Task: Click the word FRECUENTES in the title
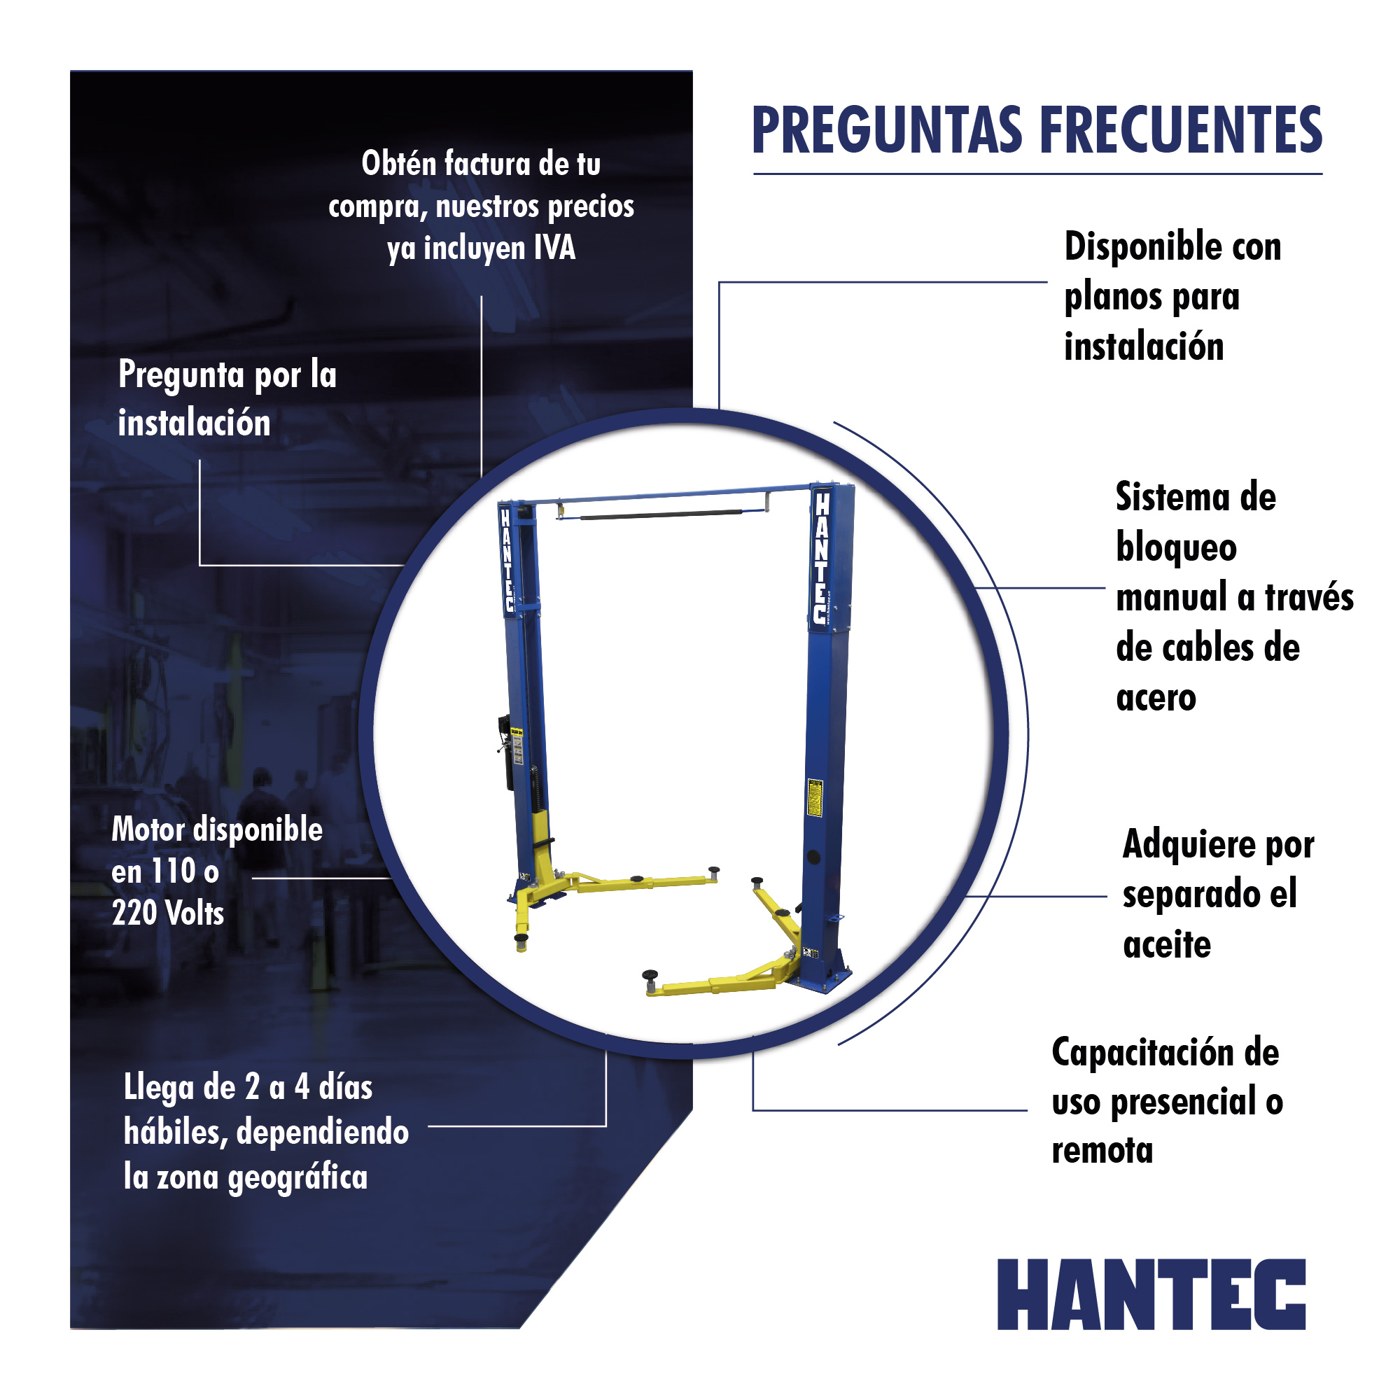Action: pyautogui.click(x=1180, y=130)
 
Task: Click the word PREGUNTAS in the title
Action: pyautogui.click(x=888, y=130)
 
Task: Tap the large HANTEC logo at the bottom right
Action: pyautogui.click(x=1151, y=1294)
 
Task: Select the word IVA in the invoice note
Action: pyautogui.click(x=555, y=248)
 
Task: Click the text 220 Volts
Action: pyautogui.click(x=168, y=912)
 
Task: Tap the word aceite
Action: pyautogui.click(x=1167, y=945)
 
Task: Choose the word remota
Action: pyautogui.click(x=1102, y=1151)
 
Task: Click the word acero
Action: pyautogui.click(x=1156, y=699)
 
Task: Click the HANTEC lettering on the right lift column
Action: pyautogui.click(x=820, y=557)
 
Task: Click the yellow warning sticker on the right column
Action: pyautogui.click(x=815, y=797)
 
